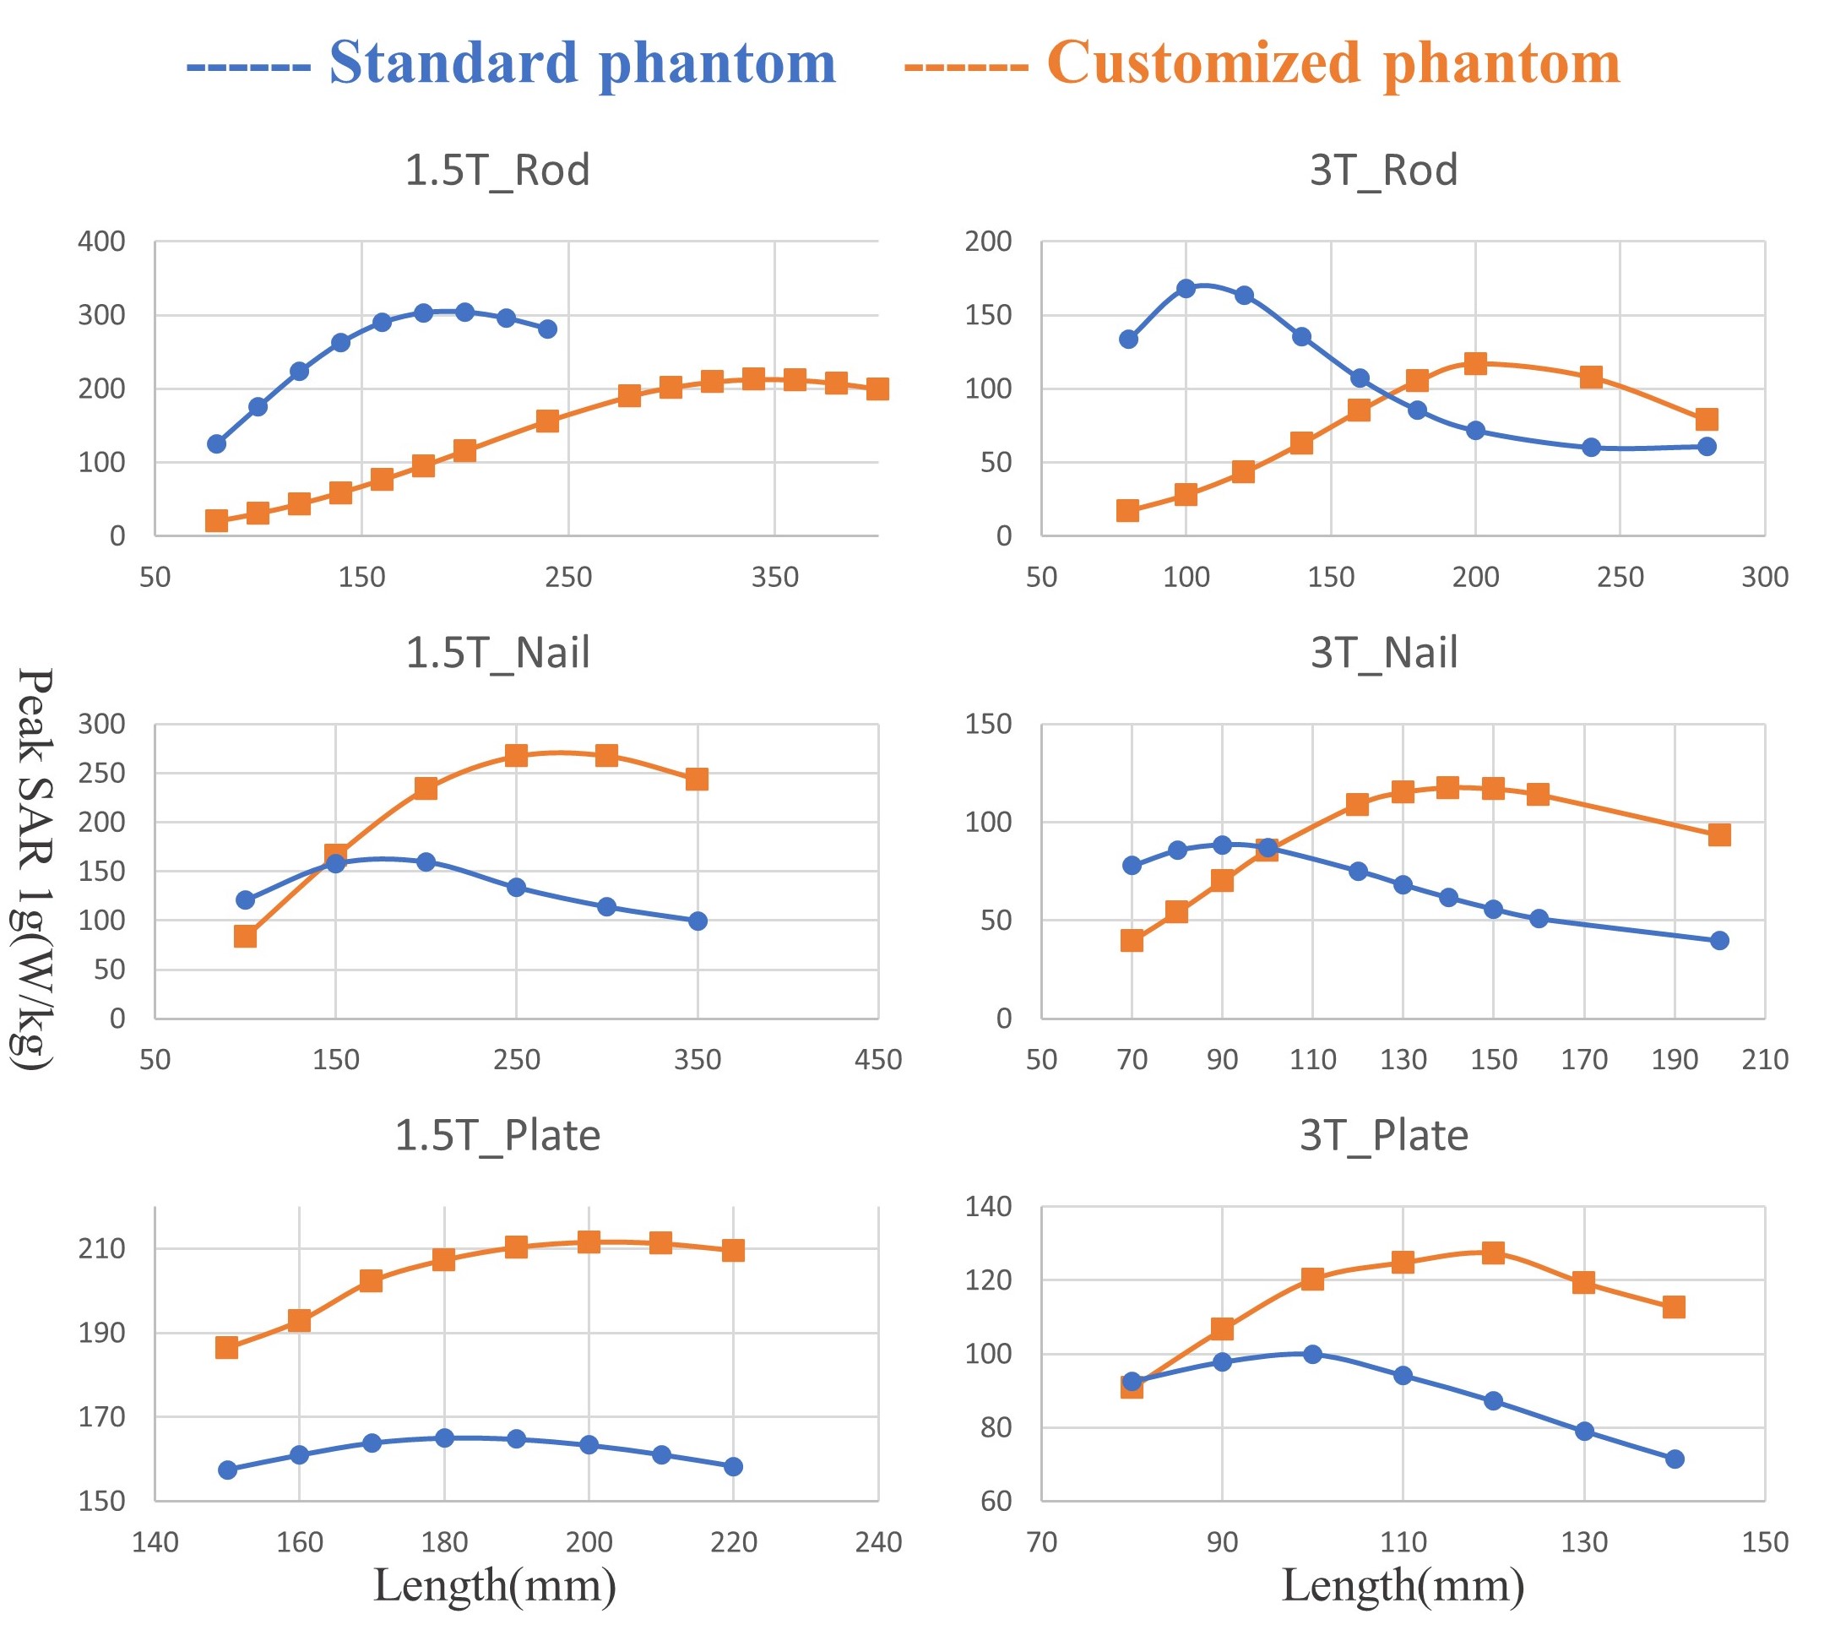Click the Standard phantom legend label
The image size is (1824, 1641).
(x=582, y=63)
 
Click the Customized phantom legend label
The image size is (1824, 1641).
(x=1333, y=63)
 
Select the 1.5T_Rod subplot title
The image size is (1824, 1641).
(x=497, y=171)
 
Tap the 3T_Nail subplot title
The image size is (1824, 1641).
(x=1383, y=653)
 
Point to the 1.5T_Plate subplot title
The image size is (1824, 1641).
(x=497, y=1135)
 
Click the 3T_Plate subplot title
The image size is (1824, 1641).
(x=1383, y=1135)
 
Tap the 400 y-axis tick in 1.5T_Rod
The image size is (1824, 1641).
(x=101, y=242)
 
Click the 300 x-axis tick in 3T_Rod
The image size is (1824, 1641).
(x=1763, y=577)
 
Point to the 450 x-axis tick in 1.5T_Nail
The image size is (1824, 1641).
(x=877, y=1059)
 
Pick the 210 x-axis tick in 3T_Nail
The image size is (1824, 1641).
(x=1763, y=1059)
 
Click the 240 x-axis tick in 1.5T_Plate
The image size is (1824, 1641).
(x=877, y=1542)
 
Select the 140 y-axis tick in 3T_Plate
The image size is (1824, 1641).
(x=988, y=1206)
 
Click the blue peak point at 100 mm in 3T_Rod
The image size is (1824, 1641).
(x=1186, y=289)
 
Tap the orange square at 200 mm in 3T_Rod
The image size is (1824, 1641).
(x=1475, y=364)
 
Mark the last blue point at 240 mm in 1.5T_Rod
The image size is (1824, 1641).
(x=547, y=329)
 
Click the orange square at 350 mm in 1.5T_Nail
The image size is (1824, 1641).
(x=697, y=779)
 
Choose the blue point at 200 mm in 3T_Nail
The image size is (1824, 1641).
(x=1719, y=940)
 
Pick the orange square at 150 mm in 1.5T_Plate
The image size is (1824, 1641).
(x=227, y=1348)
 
